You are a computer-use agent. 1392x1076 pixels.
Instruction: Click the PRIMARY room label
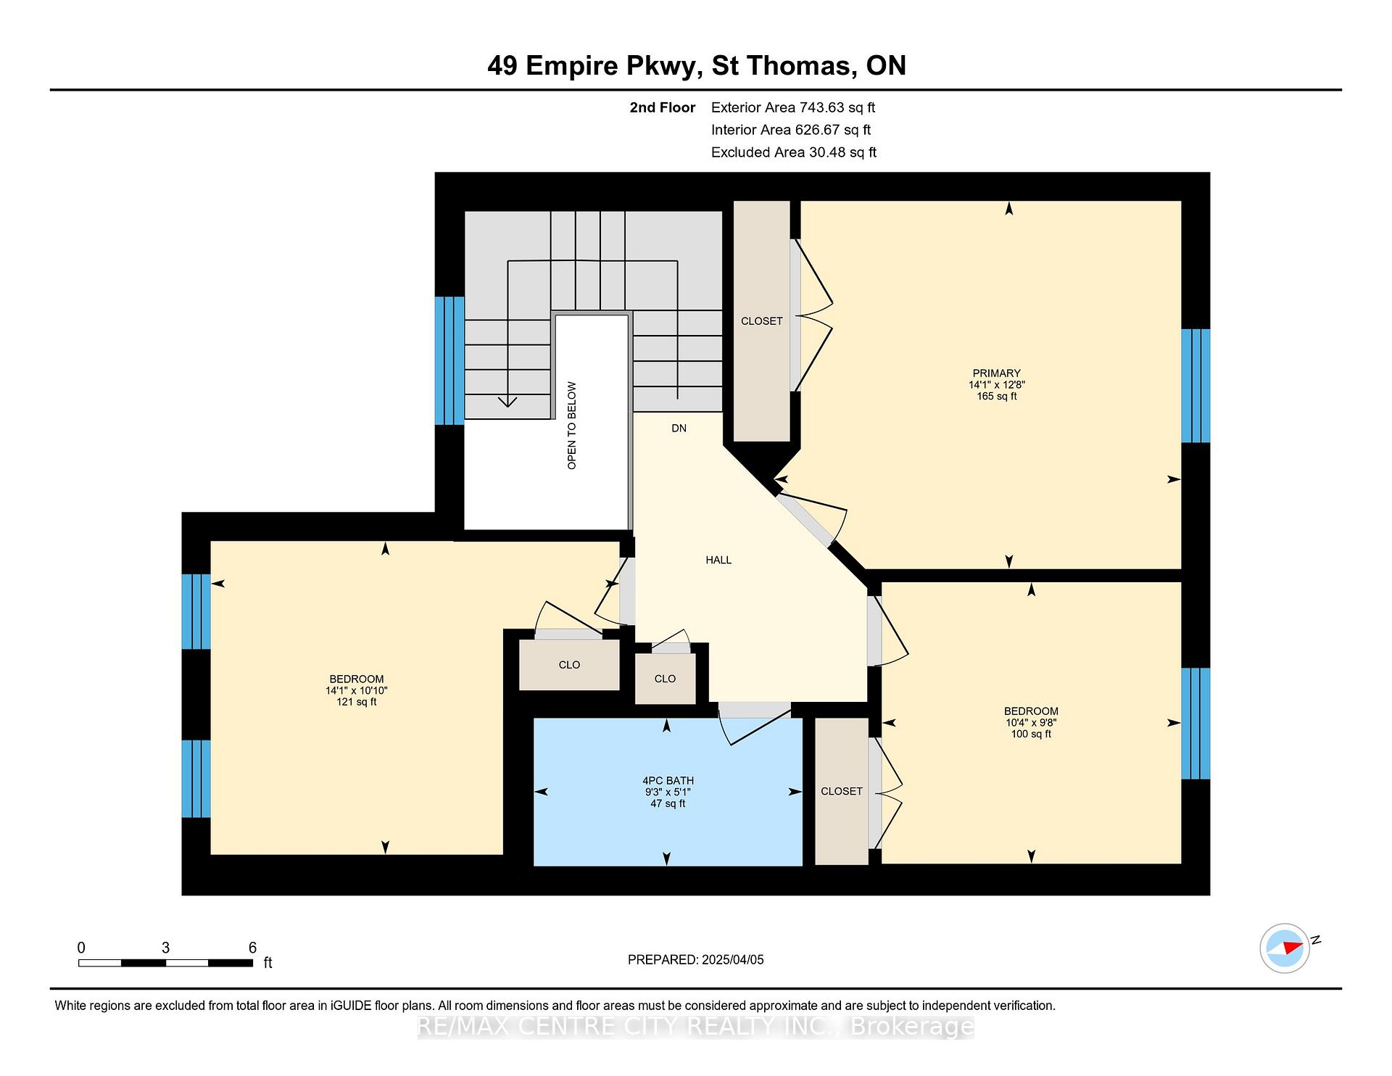point(996,373)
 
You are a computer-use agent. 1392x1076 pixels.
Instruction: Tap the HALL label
point(718,560)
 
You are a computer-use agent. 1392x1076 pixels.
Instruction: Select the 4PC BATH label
point(668,781)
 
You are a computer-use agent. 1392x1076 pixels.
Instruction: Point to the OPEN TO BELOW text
point(572,426)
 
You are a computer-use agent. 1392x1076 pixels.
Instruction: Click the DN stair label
point(679,429)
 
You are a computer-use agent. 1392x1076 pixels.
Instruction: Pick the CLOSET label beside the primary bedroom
point(761,321)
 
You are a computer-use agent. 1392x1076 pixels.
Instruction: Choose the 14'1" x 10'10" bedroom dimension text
point(356,691)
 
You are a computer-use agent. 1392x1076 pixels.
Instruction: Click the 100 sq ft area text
point(1031,734)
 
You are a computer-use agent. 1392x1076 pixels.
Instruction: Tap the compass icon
point(1285,948)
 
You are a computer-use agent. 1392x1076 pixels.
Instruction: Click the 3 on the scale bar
point(165,948)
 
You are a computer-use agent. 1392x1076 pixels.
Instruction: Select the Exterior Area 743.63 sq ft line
point(793,107)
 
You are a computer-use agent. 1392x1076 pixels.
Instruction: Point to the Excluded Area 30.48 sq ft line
point(794,152)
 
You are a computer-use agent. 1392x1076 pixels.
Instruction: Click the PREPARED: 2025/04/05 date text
point(696,960)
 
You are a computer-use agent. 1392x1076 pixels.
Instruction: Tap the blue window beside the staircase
point(449,360)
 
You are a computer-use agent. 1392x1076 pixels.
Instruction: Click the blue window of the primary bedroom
point(1196,386)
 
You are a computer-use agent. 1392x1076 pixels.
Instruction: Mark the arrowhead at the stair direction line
point(507,401)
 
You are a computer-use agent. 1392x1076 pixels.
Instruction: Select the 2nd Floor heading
point(662,107)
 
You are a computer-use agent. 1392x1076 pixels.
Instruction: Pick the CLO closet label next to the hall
point(665,679)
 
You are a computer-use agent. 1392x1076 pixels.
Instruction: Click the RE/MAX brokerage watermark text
point(696,1026)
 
